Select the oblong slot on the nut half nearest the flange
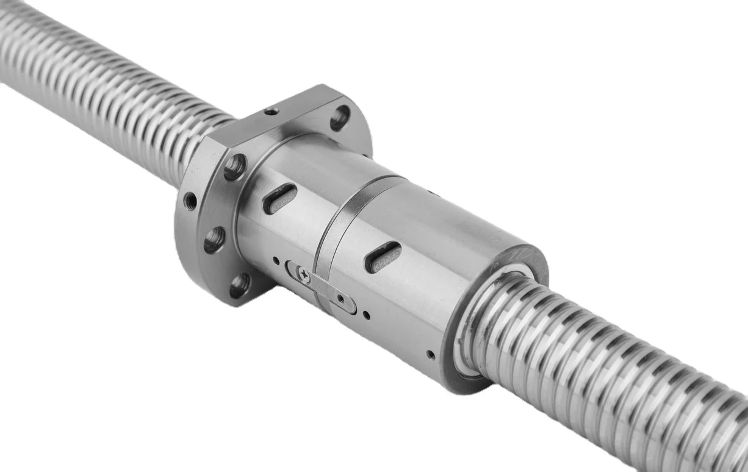(280, 199)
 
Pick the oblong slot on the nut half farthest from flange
(383, 256)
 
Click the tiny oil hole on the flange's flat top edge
(272, 111)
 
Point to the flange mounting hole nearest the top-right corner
(340, 117)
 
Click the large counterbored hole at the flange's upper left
(235, 166)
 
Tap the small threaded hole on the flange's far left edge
(190, 201)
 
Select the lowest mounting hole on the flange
(240, 285)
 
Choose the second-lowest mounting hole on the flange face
(214, 240)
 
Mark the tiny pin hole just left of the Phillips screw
(276, 260)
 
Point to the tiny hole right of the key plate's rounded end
(365, 315)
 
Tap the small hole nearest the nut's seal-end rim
(431, 354)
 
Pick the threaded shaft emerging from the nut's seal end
(610, 378)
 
